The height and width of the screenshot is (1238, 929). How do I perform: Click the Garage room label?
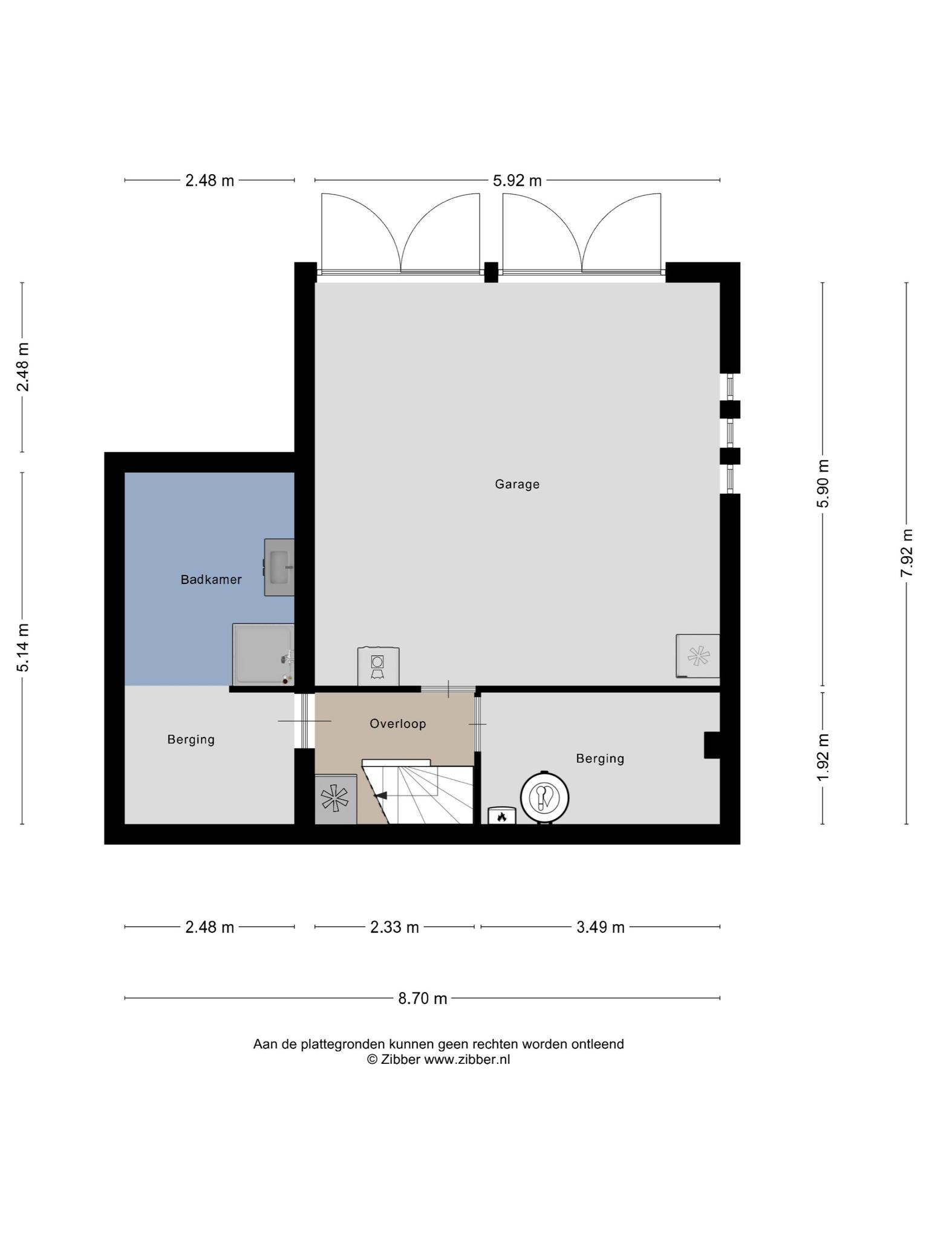pyautogui.click(x=517, y=484)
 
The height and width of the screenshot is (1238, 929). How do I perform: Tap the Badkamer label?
pyautogui.click(x=211, y=580)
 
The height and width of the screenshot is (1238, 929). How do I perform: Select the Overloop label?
pyautogui.click(x=398, y=724)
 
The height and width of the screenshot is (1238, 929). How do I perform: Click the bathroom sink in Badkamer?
pyautogui.click(x=279, y=567)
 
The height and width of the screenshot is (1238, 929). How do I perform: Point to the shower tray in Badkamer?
pyautogui.click(x=263, y=655)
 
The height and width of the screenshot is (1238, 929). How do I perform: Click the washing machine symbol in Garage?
pyautogui.click(x=378, y=666)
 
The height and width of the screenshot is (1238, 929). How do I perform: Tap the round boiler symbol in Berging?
pyautogui.click(x=545, y=797)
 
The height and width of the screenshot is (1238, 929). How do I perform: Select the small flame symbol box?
pyautogui.click(x=502, y=815)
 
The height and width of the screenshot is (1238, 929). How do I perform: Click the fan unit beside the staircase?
pyautogui.click(x=335, y=799)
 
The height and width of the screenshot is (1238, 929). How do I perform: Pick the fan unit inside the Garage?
pyautogui.click(x=698, y=656)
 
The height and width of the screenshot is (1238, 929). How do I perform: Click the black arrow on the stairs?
pyautogui.click(x=381, y=796)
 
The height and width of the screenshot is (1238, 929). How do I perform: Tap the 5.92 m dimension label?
pyautogui.click(x=517, y=180)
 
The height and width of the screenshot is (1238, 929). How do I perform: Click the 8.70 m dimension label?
pyautogui.click(x=422, y=998)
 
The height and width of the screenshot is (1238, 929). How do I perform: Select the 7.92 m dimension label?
pyautogui.click(x=906, y=553)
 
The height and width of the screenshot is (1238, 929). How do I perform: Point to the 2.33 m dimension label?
pyautogui.click(x=394, y=927)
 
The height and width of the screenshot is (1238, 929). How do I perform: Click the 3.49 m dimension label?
pyautogui.click(x=600, y=927)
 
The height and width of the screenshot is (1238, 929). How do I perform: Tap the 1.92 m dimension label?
pyautogui.click(x=823, y=757)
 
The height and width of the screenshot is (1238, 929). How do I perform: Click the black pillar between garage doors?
pyautogui.click(x=491, y=272)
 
